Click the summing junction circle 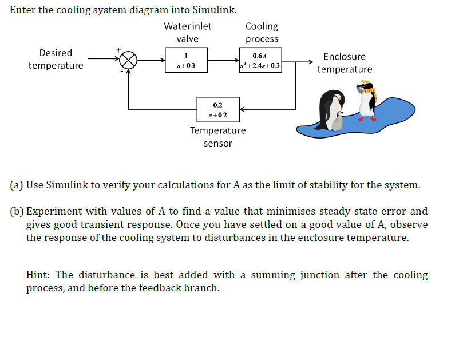(x=129, y=59)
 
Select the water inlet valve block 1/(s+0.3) (x=186, y=60)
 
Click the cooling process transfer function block (x=260, y=60)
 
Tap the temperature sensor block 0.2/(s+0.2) (x=217, y=109)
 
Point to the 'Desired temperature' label (x=56, y=59)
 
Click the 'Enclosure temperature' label (x=345, y=62)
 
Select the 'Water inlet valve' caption (x=187, y=33)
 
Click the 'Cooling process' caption (x=262, y=33)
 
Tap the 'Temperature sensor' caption (x=217, y=136)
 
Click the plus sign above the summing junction (x=119, y=50)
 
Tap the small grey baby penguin (x=339, y=121)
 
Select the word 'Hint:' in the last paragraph (x=39, y=275)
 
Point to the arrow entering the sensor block (x=243, y=109)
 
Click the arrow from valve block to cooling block (x=223, y=60)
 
